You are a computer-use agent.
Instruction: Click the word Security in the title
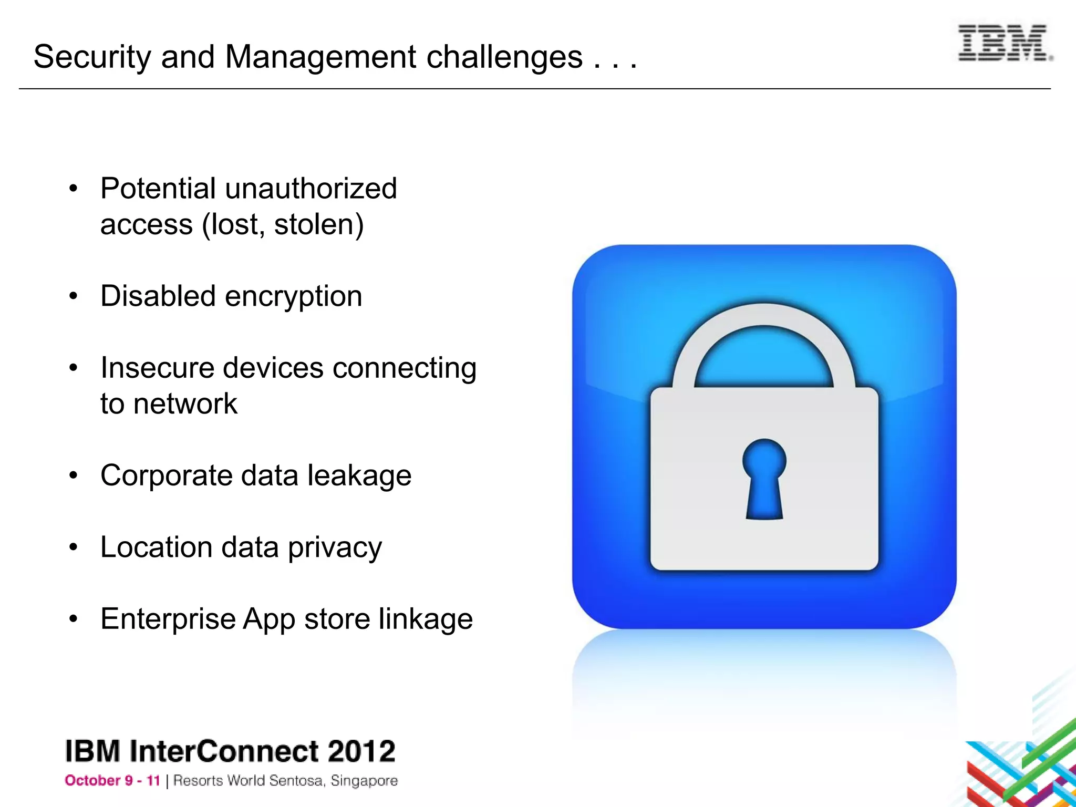pyautogui.click(x=92, y=57)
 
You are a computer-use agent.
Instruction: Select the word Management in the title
pyautogui.click(x=320, y=57)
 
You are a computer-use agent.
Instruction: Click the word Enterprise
pyautogui.click(x=168, y=619)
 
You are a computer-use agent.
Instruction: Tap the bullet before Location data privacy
pyautogui.click(x=74, y=548)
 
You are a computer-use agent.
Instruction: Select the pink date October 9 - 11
pyautogui.click(x=112, y=781)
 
